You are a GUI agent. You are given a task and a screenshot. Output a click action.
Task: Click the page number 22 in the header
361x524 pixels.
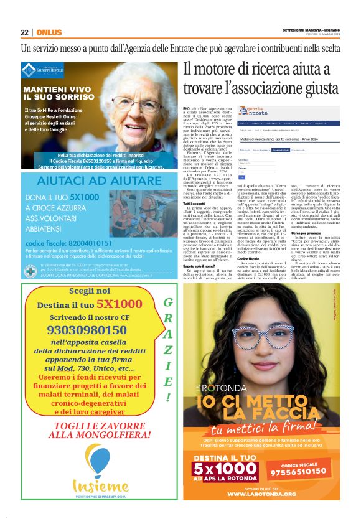click(24, 32)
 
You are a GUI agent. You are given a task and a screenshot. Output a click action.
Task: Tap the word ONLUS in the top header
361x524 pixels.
click(49, 32)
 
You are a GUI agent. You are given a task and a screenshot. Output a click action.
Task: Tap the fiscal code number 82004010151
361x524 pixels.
click(68, 243)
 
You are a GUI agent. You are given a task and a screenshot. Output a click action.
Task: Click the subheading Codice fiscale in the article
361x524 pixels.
click(194, 311)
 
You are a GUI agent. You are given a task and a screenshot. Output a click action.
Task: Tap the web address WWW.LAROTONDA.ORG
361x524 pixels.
click(261, 494)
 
